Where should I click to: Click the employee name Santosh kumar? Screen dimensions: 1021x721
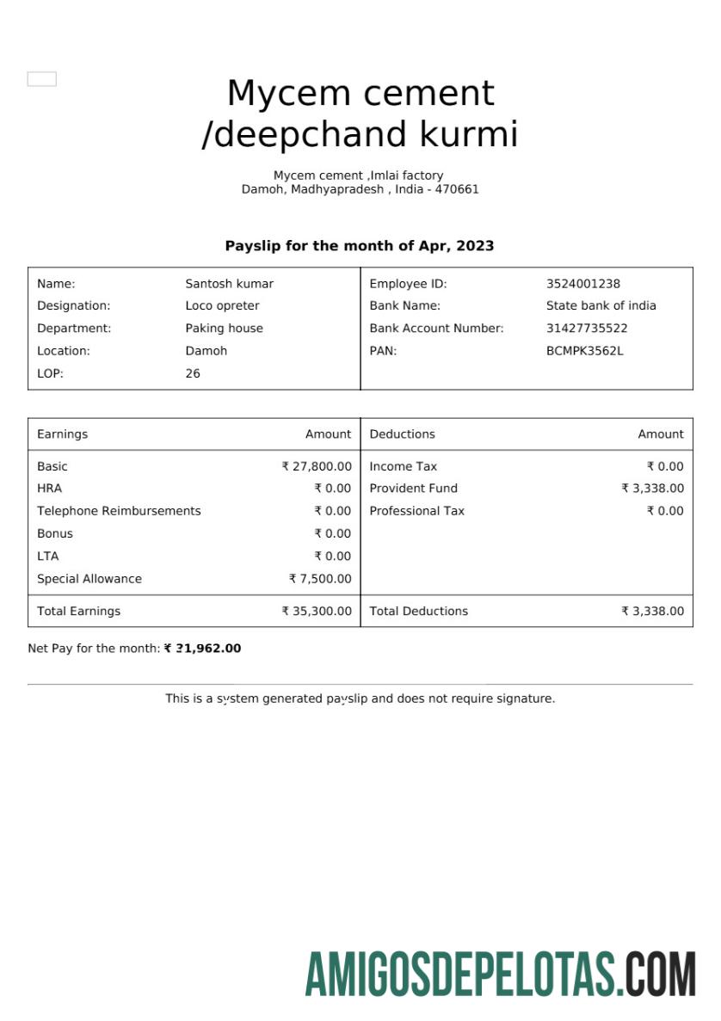[229, 284]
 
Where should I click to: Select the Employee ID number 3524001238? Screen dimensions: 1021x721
[582, 284]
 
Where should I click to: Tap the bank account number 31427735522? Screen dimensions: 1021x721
[586, 329]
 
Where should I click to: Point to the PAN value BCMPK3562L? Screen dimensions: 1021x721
[584, 351]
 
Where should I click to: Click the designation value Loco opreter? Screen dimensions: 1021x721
[222, 306]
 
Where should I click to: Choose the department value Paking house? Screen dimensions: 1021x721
[224, 329]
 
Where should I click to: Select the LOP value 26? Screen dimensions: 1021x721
[193, 373]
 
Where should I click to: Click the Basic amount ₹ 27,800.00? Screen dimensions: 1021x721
[317, 466]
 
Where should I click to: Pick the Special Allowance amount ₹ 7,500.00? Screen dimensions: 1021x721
[320, 579]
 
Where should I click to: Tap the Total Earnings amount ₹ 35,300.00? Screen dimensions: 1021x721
[317, 612]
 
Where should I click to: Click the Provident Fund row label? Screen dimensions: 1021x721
[413, 489]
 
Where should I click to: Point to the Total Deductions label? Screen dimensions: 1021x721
[418, 612]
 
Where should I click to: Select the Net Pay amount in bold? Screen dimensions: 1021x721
[203, 649]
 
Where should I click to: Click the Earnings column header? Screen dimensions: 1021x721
[62, 434]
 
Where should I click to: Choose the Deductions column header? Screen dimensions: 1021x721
[402, 434]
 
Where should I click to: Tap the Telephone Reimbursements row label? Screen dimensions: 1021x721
[119, 511]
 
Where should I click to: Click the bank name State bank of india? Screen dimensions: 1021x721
[601, 306]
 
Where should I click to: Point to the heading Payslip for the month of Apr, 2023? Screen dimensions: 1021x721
[360, 246]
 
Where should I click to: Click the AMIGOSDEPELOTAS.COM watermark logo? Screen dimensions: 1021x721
[500, 975]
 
